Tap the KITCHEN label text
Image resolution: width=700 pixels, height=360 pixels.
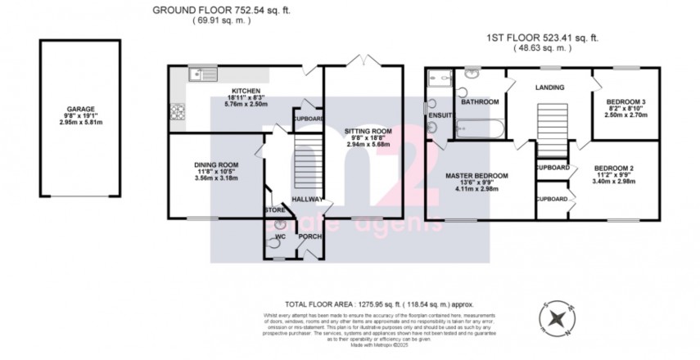(x=245, y=91)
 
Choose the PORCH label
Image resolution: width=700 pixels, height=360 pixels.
(x=309, y=237)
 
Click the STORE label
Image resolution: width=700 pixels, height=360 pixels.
(x=274, y=210)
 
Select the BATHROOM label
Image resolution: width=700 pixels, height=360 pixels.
(x=480, y=102)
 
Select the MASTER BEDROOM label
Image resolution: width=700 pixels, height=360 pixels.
(x=476, y=176)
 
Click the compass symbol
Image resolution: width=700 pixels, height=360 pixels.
(x=556, y=318)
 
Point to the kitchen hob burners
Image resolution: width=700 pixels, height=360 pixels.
(x=176, y=112)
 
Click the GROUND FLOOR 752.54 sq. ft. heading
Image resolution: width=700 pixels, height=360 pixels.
(x=220, y=10)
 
